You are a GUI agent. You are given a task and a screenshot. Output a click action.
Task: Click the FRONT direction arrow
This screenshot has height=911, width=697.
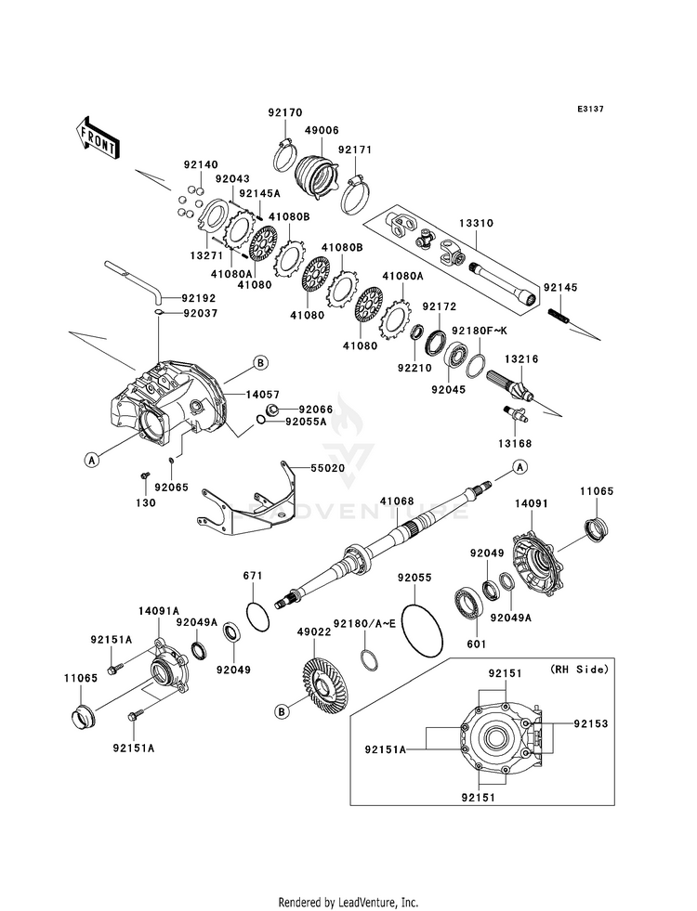pos(97,137)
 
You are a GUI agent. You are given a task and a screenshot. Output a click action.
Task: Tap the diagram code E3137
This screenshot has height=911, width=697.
pos(590,109)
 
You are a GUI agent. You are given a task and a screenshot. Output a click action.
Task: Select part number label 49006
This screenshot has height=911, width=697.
pos(320,131)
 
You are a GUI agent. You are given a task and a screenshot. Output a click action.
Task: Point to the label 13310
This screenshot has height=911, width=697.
pos(476,223)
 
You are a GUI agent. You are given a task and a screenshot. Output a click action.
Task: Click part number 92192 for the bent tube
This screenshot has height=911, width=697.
pos(198,299)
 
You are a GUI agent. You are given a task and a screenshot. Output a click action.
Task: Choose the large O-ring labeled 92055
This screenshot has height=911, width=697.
pos(421,631)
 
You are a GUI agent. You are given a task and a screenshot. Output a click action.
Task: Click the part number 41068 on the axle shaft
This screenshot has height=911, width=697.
pos(397,501)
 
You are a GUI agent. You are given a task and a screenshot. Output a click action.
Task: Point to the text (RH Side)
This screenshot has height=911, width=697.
pos(579,670)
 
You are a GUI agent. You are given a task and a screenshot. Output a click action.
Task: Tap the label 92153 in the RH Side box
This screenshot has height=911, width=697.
pos(591,724)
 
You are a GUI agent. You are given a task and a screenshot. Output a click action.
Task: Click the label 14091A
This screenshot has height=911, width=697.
pos(159,611)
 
